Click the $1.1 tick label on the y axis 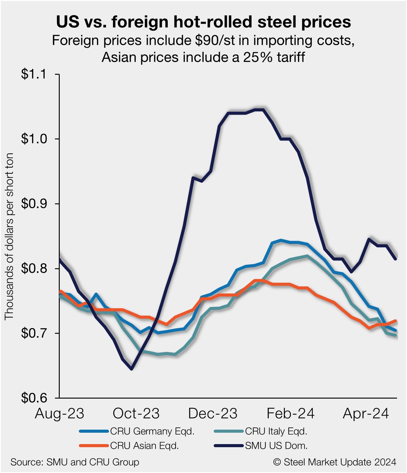pyautogui.click(x=33, y=74)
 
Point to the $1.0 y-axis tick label pyautogui.click(x=33, y=139)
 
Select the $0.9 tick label pyautogui.click(x=33, y=204)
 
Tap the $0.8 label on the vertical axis pyautogui.click(x=33, y=268)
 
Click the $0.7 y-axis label pyautogui.click(x=33, y=333)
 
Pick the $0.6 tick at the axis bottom pyautogui.click(x=33, y=398)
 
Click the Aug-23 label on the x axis pyautogui.click(x=59, y=414)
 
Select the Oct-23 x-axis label pyautogui.click(x=136, y=414)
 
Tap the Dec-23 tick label pyautogui.click(x=213, y=414)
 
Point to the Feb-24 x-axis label pyautogui.click(x=290, y=414)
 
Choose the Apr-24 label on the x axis pyautogui.click(x=366, y=414)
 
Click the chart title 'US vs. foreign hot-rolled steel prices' pyautogui.click(x=203, y=22)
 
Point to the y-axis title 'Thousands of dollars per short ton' pyautogui.click(x=9, y=236)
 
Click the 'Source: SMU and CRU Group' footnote pyautogui.click(x=75, y=462)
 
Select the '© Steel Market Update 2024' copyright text pyautogui.click(x=335, y=462)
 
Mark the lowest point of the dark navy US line pyautogui.click(x=132, y=369)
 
